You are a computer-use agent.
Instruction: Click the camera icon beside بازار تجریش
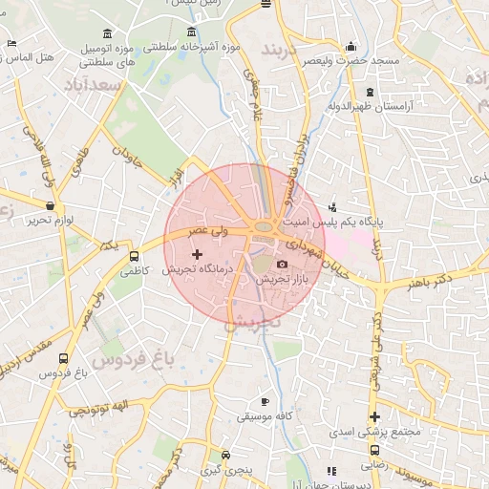[x=282, y=265]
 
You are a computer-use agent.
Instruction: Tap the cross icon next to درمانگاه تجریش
[x=198, y=254]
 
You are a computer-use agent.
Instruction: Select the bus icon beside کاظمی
[x=134, y=256]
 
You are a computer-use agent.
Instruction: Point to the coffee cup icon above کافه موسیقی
[x=265, y=401]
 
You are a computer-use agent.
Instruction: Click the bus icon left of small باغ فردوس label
[x=63, y=359]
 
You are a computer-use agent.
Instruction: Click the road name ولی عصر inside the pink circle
[x=207, y=230]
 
